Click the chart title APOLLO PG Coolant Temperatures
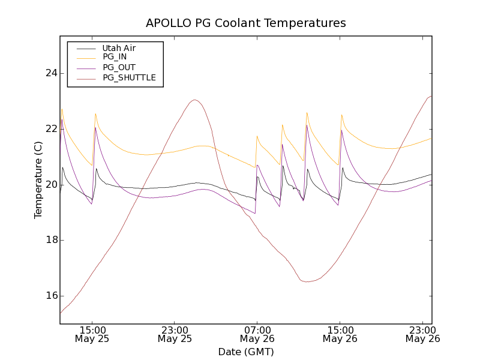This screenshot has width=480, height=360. (246, 23)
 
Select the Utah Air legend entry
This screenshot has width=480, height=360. (119, 48)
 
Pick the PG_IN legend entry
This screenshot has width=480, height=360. (115, 57)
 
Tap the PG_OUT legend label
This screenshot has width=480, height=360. (119, 67)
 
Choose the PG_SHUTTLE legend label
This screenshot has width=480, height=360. (129, 77)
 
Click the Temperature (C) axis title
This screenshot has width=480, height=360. (38, 180)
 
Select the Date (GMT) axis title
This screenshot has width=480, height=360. (246, 352)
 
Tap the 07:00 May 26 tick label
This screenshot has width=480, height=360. (257, 334)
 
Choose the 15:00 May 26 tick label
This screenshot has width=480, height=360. (340, 334)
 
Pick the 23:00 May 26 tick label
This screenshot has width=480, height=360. (422, 334)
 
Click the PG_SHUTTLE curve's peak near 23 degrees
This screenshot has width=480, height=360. (194, 100)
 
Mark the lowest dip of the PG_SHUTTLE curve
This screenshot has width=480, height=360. (308, 281)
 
